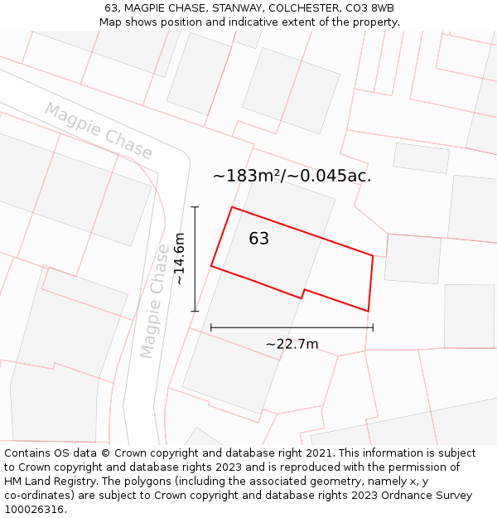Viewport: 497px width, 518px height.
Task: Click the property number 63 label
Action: [x=258, y=239]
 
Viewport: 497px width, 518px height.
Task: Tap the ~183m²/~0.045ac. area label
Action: [x=292, y=176]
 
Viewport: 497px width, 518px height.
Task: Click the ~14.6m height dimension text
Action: [x=179, y=259]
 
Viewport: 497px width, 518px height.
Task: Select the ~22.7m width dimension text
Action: [x=292, y=344]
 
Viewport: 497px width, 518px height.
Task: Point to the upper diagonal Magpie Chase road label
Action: [x=99, y=131]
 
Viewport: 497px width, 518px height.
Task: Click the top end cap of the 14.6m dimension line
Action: [x=195, y=206]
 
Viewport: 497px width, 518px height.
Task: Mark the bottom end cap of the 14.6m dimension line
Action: [x=195, y=312]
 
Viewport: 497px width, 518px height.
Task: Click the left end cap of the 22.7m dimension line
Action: [x=211, y=327]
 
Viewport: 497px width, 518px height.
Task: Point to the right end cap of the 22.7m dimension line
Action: [x=373, y=327]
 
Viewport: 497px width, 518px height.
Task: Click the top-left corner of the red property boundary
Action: [x=231, y=207]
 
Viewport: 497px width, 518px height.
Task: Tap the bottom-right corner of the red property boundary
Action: [x=368, y=312]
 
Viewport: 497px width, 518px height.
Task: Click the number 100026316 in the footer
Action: [x=35, y=510]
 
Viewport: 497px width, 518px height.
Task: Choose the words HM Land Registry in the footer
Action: [x=44, y=482]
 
